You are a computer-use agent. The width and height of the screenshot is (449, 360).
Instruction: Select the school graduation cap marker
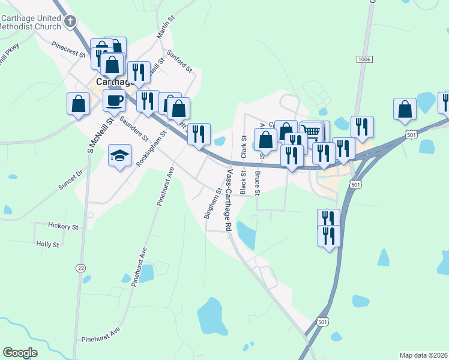119,155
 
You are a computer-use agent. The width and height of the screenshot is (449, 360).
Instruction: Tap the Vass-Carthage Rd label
229,200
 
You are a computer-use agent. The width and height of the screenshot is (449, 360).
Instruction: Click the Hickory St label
64,227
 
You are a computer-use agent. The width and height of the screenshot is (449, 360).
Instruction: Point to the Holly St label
47,244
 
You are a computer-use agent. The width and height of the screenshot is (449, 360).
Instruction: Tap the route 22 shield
80,268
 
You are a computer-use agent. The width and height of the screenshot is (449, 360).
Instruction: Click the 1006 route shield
364,59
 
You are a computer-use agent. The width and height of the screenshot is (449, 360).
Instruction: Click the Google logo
20,352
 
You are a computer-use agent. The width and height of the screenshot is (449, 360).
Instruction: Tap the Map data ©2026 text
423,355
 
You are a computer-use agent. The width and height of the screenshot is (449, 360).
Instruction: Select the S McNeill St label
94,133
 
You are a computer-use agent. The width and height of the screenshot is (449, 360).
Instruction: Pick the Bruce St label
257,184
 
